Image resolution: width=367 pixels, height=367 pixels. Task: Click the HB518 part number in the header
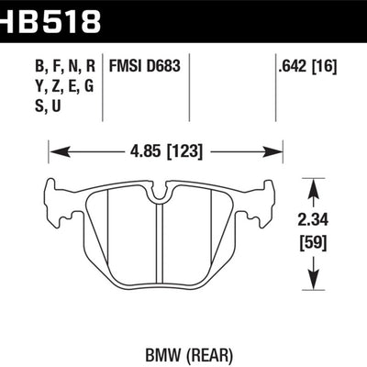[x=50, y=20]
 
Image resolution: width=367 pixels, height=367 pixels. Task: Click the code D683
[x=163, y=66]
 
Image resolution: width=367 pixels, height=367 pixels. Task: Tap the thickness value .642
[x=292, y=66]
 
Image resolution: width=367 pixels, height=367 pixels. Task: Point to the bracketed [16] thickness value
[x=324, y=66]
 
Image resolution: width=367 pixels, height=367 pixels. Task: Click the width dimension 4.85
[x=144, y=151]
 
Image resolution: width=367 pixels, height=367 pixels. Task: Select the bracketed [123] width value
[x=184, y=151]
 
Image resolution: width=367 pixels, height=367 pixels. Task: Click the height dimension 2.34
[x=313, y=220]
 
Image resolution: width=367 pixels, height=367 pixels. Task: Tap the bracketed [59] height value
[x=313, y=243]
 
